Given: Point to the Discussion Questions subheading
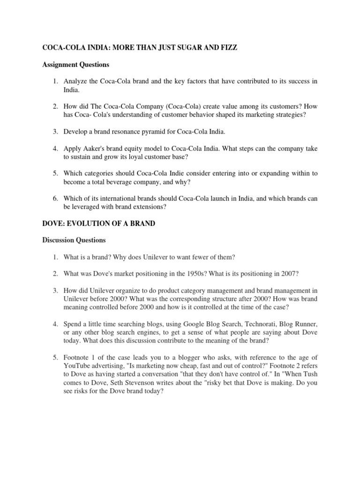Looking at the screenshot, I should coord(74,240).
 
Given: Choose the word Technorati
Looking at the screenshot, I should coord(236,324).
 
